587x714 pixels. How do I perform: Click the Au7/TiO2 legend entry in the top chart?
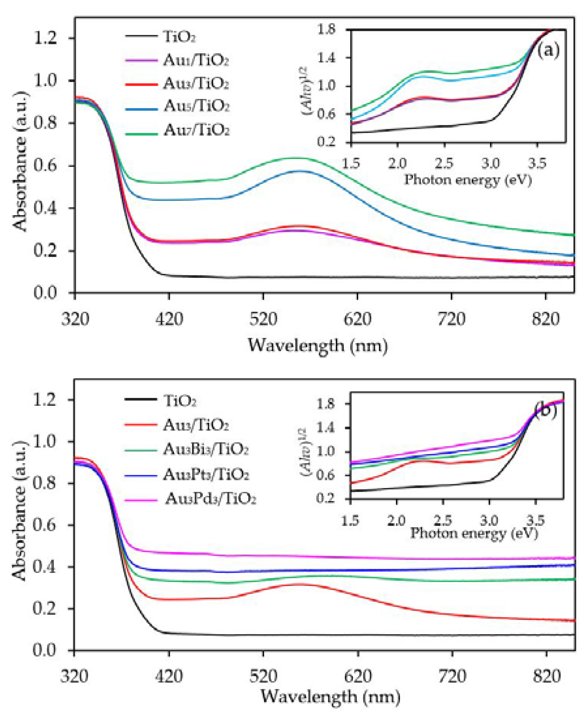tap(196, 130)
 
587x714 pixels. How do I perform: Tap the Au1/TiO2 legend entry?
tap(196, 60)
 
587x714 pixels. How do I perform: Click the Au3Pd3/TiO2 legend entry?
tap(210, 499)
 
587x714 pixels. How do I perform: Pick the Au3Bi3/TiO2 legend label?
tap(206, 449)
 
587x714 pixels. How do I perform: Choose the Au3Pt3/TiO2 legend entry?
tap(206, 475)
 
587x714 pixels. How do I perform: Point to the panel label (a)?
tap(548, 50)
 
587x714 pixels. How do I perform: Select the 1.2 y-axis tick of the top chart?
tap(45, 38)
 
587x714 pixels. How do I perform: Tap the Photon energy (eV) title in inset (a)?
tap(468, 180)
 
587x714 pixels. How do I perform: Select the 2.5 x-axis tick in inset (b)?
tap(444, 520)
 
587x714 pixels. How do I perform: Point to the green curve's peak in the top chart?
tap(297, 158)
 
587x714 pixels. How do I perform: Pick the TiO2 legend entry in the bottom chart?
tap(180, 401)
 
